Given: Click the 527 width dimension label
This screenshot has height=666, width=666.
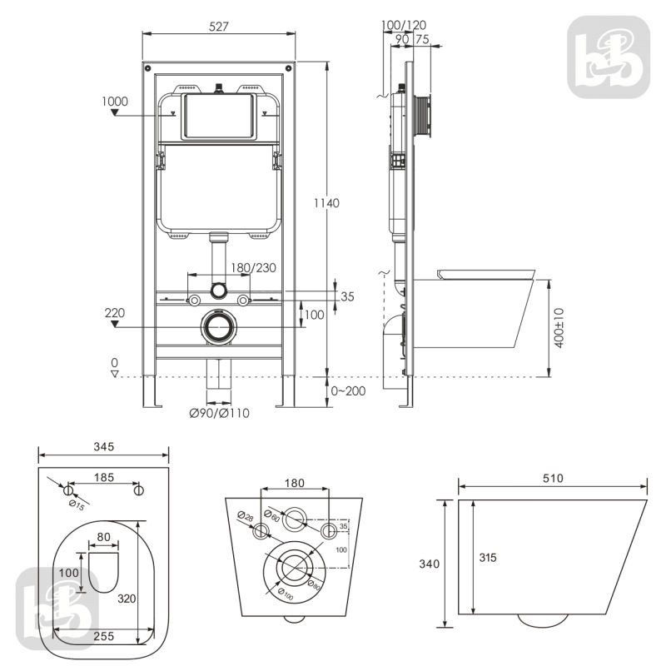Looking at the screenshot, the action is (x=219, y=27).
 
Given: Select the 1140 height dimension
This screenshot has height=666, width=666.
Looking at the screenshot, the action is (x=326, y=203).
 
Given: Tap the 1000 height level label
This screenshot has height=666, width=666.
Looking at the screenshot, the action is (x=115, y=101).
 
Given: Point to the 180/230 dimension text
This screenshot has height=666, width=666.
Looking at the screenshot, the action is (x=253, y=267).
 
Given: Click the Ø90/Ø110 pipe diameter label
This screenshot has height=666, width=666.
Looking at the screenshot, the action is (x=219, y=413).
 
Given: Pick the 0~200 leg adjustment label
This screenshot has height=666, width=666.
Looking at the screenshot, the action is (x=348, y=390).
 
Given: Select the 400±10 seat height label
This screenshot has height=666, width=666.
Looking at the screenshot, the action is (x=559, y=328).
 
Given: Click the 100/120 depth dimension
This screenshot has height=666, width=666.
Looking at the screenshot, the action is (x=404, y=25).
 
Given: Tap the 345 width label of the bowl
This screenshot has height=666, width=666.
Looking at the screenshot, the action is (x=104, y=446).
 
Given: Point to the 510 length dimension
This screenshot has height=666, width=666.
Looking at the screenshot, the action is (x=553, y=478).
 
